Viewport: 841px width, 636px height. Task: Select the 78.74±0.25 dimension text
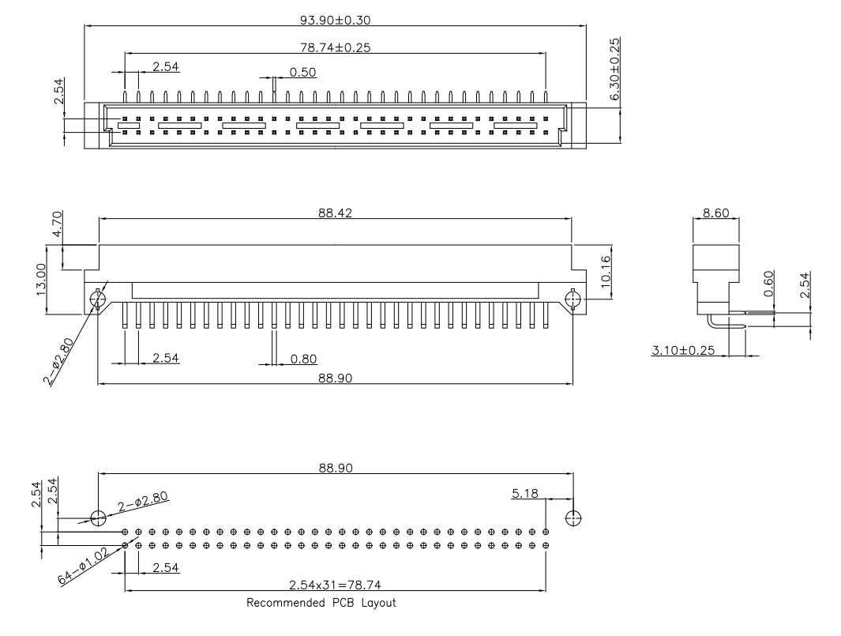pyautogui.click(x=336, y=47)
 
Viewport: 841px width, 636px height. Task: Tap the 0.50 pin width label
pyautogui.click(x=303, y=72)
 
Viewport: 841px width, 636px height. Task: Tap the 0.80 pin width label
pyautogui.click(x=303, y=359)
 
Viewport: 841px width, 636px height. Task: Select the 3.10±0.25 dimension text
pyautogui.click(x=683, y=350)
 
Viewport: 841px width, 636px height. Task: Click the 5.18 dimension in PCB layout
pyautogui.click(x=526, y=493)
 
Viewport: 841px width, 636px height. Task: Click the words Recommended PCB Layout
pyautogui.click(x=321, y=603)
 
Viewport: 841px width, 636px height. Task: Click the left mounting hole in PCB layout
pyautogui.click(x=98, y=518)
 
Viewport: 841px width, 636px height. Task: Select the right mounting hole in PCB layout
pyautogui.click(x=574, y=518)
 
